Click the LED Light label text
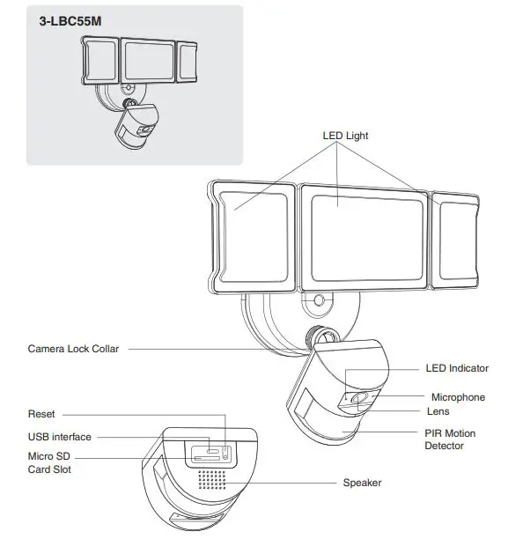click(x=345, y=136)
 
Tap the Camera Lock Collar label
click(x=73, y=349)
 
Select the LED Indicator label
click(x=457, y=368)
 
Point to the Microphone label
click(x=458, y=397)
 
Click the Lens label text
click(x=438, y=412)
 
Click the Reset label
click(x=41, y=414)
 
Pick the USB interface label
click(x=60, y=437)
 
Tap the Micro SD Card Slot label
click(x=49, y=463)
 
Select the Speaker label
click(x=362, y=483)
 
